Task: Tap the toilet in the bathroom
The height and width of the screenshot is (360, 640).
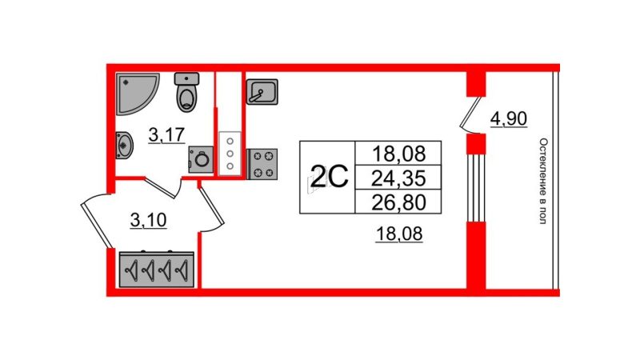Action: click(x=187, y=92)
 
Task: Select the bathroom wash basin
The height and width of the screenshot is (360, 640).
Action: click(x=124, y=145)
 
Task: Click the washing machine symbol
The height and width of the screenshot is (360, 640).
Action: click(x=201, y=159)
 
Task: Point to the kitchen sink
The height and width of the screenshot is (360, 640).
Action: click(x=262, y=92)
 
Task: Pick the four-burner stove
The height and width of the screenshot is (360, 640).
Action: click(x=262, y=164)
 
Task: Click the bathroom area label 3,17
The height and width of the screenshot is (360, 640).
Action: click(x=166, y=134)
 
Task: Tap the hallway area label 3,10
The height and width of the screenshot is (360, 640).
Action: click(x=149, y=221)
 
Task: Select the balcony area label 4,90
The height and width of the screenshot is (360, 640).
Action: click(x=509, y=118)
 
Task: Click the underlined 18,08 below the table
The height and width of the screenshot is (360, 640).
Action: click(x=399, y=234)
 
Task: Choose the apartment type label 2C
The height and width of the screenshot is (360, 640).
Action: click(x=329, y=177)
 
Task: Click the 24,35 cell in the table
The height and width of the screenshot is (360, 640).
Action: click(x=398, y=178)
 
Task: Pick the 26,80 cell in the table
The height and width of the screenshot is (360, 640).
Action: click(x=398, y=202)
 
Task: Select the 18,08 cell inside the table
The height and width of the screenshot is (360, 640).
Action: click(x=398, y=154)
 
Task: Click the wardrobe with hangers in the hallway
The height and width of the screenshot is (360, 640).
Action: click(x=157, y=270)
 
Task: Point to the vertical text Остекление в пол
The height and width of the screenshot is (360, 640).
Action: click(x=543, y=181)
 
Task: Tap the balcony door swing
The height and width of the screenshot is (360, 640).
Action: click(x=470, y=115)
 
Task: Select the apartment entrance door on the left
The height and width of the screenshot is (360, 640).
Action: click(x=96, y=221)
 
